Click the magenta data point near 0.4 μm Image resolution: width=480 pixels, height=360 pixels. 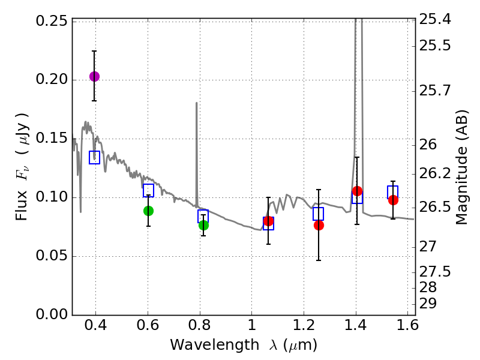tap(94, 76)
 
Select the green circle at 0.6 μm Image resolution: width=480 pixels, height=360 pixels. tap(148, 211)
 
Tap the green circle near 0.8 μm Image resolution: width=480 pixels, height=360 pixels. tap(203, 225)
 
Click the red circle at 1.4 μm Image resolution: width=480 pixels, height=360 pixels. tap(357, 191)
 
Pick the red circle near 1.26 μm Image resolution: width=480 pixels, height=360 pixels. tap(319, 225)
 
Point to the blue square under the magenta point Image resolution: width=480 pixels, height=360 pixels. tap(94, 157)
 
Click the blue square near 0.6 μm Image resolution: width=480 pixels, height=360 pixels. tap(148, 191)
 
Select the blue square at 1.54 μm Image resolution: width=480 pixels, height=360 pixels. tap(393, 192)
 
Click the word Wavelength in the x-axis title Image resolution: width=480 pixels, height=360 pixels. tap(204, 345)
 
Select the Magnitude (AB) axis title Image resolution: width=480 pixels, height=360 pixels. tap(462, 167)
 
